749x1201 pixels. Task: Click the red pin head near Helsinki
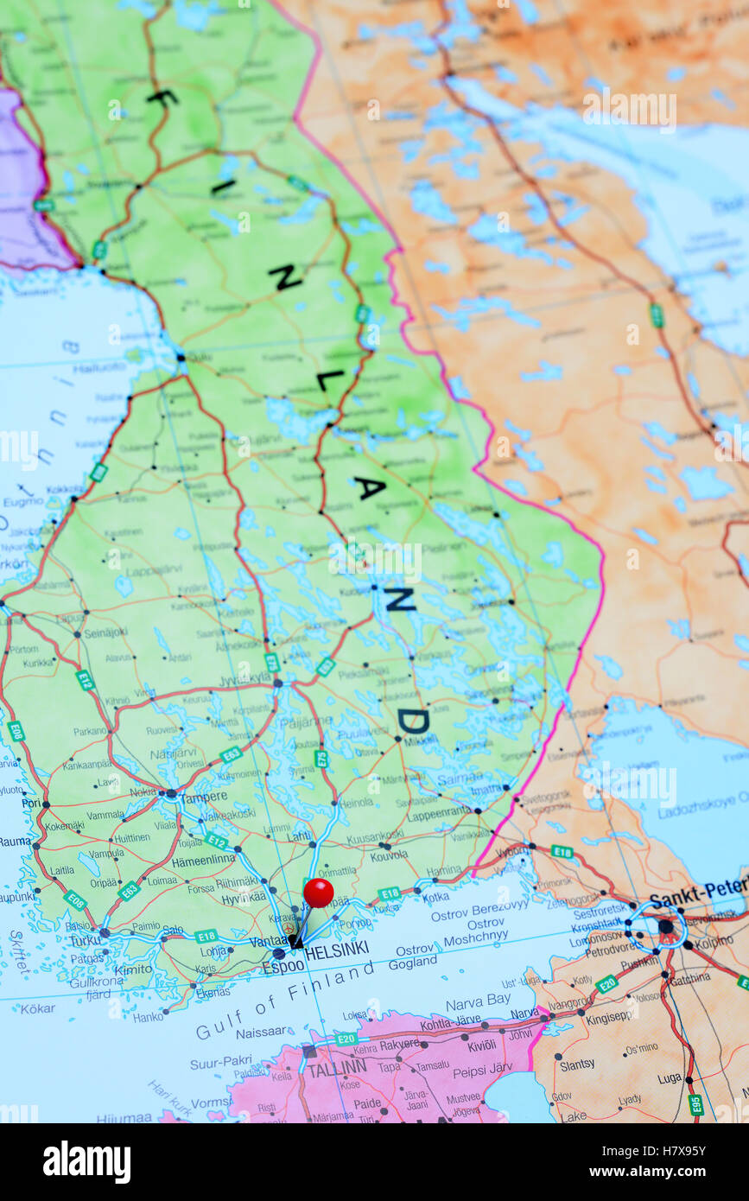[318, 893]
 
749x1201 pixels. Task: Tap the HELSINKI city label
[337, 950]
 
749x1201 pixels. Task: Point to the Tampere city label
[204, 797]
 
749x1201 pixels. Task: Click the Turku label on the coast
[86, 940]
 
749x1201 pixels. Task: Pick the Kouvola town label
[389, 855]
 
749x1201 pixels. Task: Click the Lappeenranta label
[438, 814]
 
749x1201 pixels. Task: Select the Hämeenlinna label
[203, 859]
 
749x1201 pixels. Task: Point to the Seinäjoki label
[106, 632]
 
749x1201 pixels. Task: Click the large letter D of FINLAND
[412, 720]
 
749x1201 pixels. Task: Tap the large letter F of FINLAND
[162, 97]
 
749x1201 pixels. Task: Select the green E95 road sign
[695, 1104]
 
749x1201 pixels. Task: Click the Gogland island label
[413, 963]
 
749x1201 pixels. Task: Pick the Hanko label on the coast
[148, 1017]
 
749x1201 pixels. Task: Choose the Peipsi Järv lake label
[482, 1071]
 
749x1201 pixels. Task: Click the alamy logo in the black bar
[86, 1162]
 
